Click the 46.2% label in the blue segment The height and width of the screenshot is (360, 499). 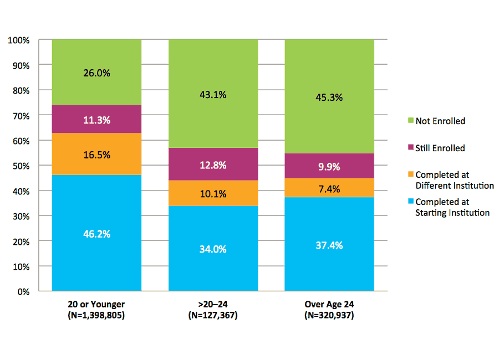click(97, 234)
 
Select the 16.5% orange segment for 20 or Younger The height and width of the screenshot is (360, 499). click(97, 155)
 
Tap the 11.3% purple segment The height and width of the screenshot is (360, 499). click(97, 120)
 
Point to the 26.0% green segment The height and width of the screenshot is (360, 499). click(97, 72)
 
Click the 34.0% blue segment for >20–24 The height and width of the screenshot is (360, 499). click(213, 249)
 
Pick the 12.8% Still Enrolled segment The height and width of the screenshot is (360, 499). click(213, 164)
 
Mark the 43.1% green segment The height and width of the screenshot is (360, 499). click(213, 94)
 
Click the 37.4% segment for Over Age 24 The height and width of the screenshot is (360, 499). click(329, 245)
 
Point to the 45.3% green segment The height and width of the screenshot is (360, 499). click(329, 97)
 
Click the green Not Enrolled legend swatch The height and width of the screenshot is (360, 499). click(410, 121)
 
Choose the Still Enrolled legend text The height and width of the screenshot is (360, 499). click(440, 148)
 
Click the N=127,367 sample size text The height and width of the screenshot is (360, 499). click(213, 316)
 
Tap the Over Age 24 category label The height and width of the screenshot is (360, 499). click(329, 304)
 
